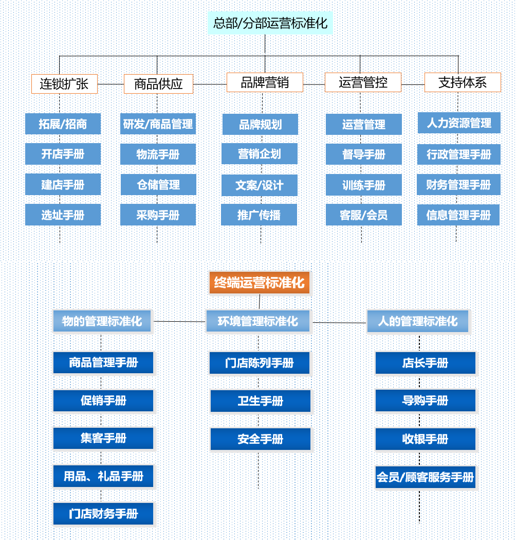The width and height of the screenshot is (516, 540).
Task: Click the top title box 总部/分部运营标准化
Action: pyautogui.click(x=270, y=23)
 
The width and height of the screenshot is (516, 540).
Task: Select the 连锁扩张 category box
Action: pyautogui.click(x=64, y=83)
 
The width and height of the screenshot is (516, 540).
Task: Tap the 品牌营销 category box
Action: pyautogui.click(x=265, y=82)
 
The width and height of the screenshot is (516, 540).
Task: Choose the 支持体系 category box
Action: pyautogui.click(x=463, y=82)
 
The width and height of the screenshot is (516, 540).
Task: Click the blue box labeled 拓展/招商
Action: pyautogui.click(x=63, y=124)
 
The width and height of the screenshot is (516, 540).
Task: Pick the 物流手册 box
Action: pyautogui.click(x=158, y=154)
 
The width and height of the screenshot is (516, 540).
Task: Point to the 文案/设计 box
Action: pyautogui.click(x=260, y=185)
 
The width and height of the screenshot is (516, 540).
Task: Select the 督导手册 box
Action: pyautogui.click(x=364, y=154)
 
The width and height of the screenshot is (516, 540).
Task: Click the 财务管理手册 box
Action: pyautogui.click(x=458, y=185)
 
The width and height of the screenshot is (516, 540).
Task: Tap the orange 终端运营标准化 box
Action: pyautogui.click(x=260, y=283)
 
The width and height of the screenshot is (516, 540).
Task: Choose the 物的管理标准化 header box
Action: pyautogui.click(x=102, y=321)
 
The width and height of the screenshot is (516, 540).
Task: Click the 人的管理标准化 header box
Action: pyautogui.click(x=417, y=321)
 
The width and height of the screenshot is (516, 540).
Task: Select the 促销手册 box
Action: pyautogui.click(x=103, y=400)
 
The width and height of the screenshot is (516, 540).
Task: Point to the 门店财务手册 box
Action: pyautogui.click(x=103, y=514)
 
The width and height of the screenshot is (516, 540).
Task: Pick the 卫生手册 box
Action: pyautogui.click(x=261, y=401)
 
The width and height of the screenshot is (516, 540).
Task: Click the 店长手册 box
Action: pyautogui.click(x=425, y=363)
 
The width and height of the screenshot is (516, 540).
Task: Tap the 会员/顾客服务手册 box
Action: pyautogui.click(x=425, y=477)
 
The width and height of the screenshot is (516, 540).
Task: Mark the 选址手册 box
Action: pyautogui.click(x=63, y=215)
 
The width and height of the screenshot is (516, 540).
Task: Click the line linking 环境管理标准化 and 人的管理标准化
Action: pyautogui.click(x=339, y=323)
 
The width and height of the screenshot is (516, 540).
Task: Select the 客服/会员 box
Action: pyautogui.click(x=364, y=215)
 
